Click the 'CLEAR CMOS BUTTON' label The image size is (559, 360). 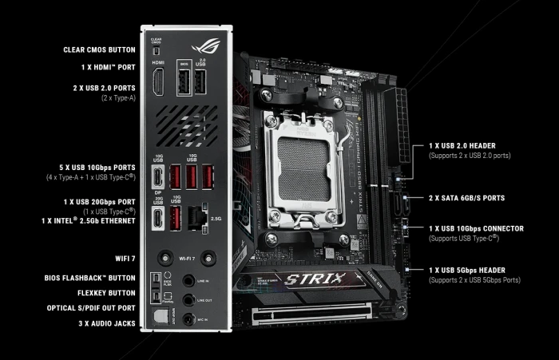pyautogui.click(x=99, y=49)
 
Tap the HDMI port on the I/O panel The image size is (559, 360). pyautogui.click(x=158, y=84)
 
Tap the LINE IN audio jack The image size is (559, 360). pyautogui.click(x=188, y=280)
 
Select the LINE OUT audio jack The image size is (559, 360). pyautogui.click(x=188, y=300)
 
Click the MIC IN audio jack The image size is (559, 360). pyautogui.click(x=188, y=319)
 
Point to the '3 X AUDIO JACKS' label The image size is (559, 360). pyautogui.click(x=102, y=323)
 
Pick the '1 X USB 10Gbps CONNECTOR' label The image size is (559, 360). pyautogui.click(x=476, y=228)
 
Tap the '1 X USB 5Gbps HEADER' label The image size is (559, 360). pyautogui.click(x=472, y=271)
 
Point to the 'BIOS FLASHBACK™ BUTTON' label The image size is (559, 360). pyautogui.click(x=90, y=278)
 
